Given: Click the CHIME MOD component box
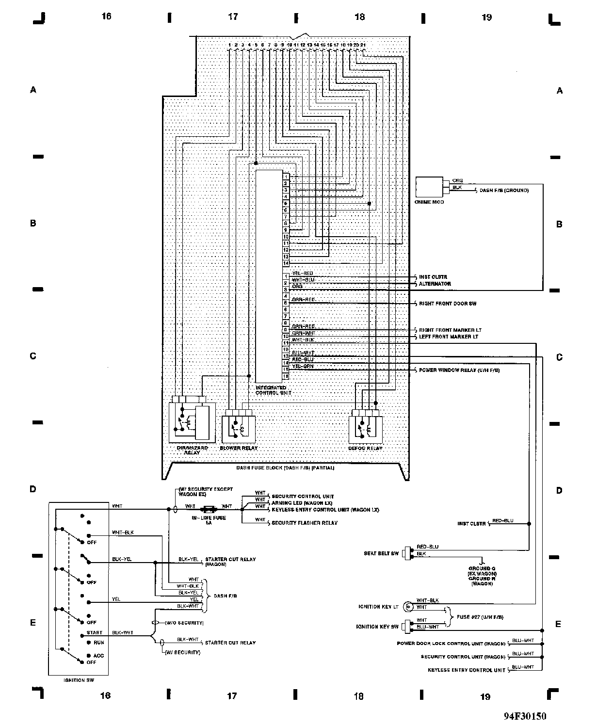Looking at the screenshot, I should [429, 187].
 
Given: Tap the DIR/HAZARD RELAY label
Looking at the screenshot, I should [192, 450].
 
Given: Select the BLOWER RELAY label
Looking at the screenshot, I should [239, 448].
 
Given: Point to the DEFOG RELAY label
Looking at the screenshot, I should [365, 448].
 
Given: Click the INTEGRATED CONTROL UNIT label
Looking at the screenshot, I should [273, 390].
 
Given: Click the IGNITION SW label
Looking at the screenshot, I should [79, 680].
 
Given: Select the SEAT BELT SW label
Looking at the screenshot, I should [381, 553].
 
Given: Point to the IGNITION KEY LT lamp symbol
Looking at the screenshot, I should [408, 606].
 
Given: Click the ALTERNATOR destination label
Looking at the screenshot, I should [435, 284].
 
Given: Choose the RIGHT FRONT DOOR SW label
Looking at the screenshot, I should [448, 304].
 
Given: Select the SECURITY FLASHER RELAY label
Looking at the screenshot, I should [305, 523].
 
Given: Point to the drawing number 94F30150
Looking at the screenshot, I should [525, 716].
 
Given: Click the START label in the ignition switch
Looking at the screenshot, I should [95, 633].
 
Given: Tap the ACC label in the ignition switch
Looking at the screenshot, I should [98, 656].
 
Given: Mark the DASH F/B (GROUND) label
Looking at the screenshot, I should [504, 191].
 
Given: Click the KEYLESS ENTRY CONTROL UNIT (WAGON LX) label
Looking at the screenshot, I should [325, 510].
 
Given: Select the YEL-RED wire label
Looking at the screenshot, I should [302, 274].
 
